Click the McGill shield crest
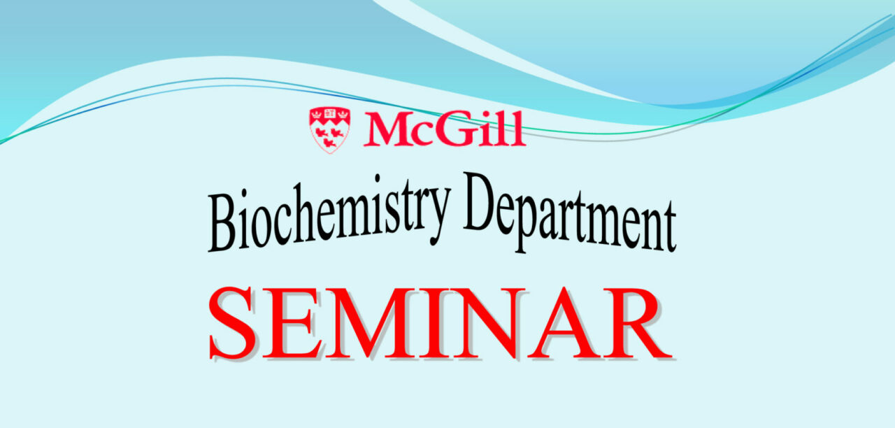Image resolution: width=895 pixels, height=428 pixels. tap(329, 130)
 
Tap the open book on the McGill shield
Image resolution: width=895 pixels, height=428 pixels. tap(329, 114)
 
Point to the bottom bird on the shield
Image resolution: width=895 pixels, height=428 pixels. tap(329, 142)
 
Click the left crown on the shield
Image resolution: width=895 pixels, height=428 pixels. tap(317, 114)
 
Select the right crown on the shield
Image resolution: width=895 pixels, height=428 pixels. tap(343, 114)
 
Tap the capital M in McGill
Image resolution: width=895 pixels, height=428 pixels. tap(386, 129)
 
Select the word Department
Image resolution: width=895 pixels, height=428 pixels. tap(570, 213)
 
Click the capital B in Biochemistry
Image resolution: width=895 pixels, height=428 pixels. tap(222, 222)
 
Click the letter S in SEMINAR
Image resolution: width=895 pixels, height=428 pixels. tap(233, 323)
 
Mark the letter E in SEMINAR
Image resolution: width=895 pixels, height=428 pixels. tap(294, 323)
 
